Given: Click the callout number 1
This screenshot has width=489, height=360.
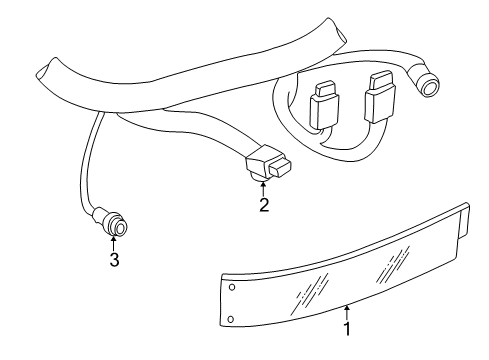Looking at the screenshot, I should click(347, 328).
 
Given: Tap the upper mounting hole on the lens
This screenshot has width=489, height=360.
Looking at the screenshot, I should click(232, 287).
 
